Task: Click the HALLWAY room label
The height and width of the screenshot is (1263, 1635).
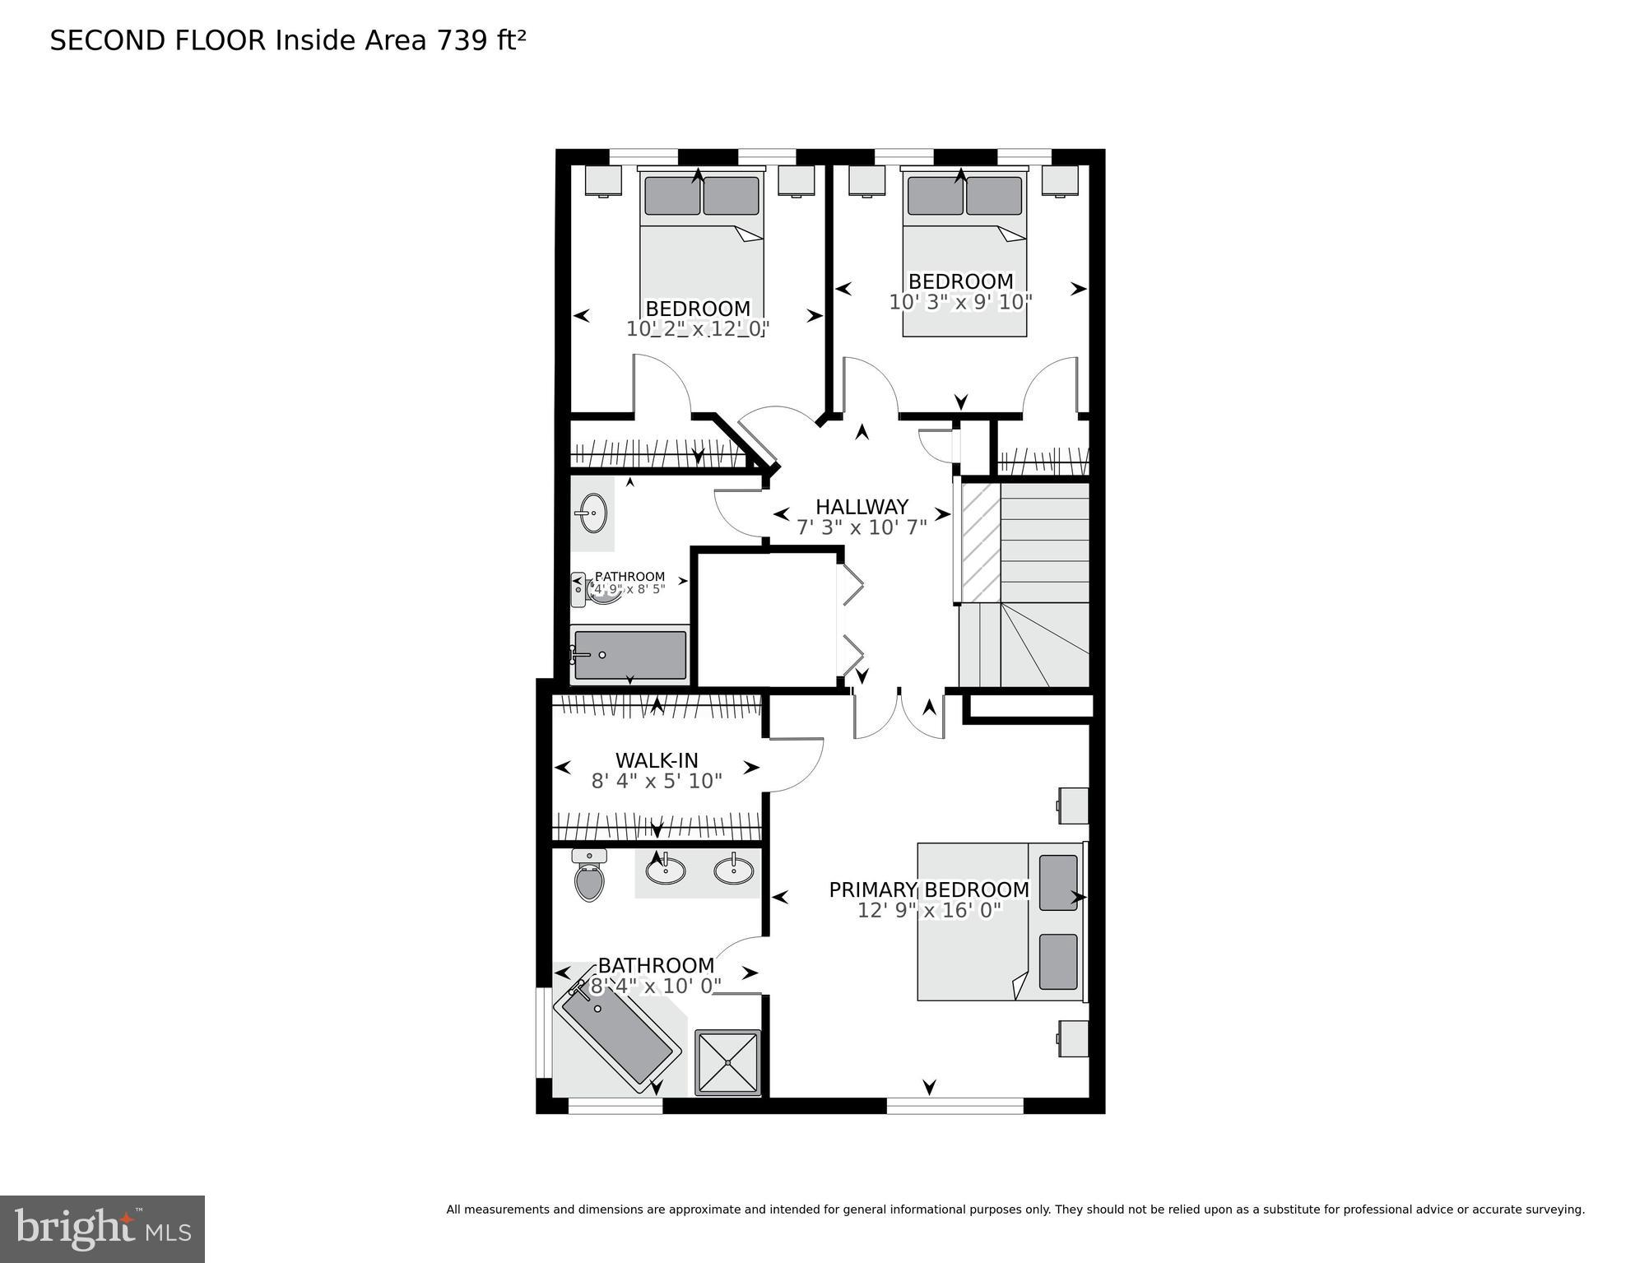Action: click(x=862, y=507)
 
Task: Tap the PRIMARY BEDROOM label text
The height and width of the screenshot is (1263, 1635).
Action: click(x=928, y=889)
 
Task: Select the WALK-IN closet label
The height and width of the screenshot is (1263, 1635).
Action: click(x=656, y=760)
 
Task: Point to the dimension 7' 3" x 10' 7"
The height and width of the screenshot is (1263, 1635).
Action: click(x=862, y=527)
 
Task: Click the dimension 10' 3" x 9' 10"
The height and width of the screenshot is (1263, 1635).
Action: click(x=960, y=302)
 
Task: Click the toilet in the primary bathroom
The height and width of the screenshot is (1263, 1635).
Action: click(x=589, y=877)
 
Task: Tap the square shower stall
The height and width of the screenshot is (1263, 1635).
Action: click(x=728, y=1062)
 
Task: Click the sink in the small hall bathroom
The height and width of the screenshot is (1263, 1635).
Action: click(x=592, y=513)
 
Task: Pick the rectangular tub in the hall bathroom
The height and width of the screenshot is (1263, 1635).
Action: click(x=630, y=655)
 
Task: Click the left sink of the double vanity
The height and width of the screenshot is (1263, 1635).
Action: click(x=665, y=870)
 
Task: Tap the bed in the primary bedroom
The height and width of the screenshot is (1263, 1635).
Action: click(x=1000, y=922)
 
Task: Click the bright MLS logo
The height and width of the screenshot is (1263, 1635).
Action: click(x=102, y=1228)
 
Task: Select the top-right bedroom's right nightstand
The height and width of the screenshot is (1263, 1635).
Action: click(x=1059, y=180)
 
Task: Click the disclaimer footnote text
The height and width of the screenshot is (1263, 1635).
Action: click(x=1015, y=1210)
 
